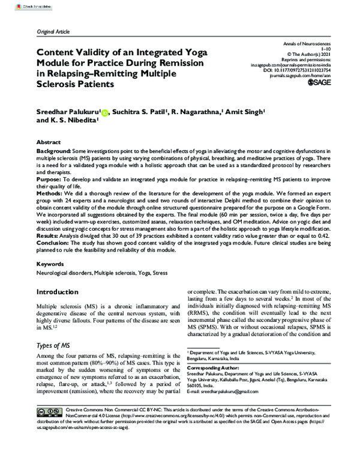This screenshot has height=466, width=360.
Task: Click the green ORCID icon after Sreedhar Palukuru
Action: pyautogui.click(x=106, y=112)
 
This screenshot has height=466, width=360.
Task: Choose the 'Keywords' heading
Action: pyautogui.click(x=50, y=262)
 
